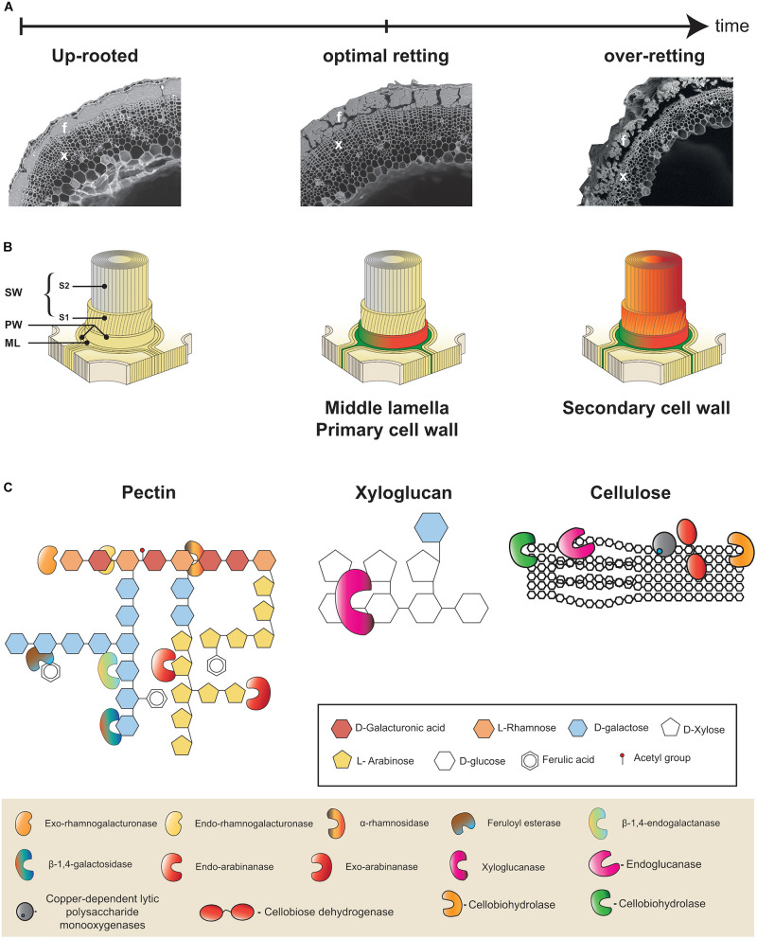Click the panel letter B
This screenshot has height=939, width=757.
pos(9,225)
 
